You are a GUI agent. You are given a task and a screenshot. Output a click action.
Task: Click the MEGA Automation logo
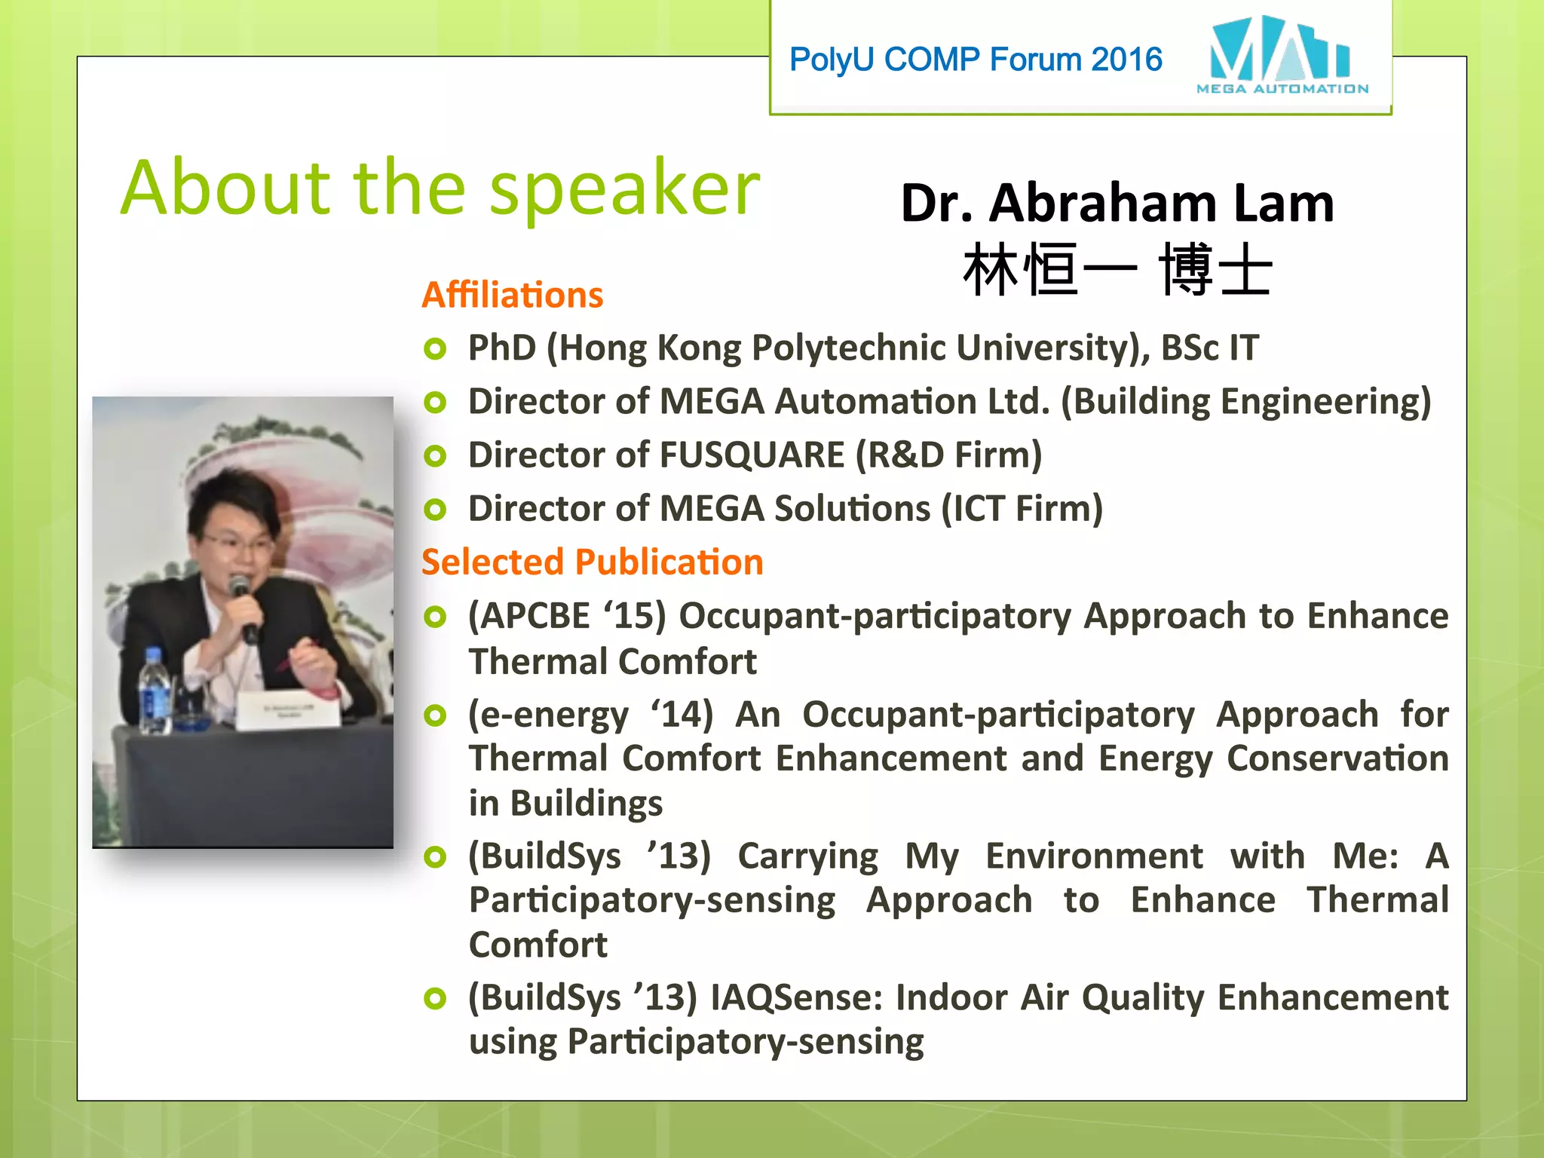(x=1281, y=55)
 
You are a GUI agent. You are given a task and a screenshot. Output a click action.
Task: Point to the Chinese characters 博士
(x=1215, y=270)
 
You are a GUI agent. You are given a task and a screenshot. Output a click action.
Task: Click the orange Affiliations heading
(x=513, y=295)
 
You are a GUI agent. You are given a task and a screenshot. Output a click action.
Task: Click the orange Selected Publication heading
(x=593, y=562)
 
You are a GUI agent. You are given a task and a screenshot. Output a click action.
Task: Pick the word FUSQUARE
(x=752, y=455)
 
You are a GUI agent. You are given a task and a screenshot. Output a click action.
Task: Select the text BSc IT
(x=1209, y=348)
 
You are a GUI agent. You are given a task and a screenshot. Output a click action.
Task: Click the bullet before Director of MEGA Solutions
(x=435, y=510)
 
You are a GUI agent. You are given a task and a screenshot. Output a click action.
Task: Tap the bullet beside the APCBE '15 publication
(x=435, y=617)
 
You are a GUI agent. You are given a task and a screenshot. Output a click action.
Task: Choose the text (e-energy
(x=548, y=715)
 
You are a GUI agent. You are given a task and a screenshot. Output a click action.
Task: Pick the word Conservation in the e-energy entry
(x=1337, y=758)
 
